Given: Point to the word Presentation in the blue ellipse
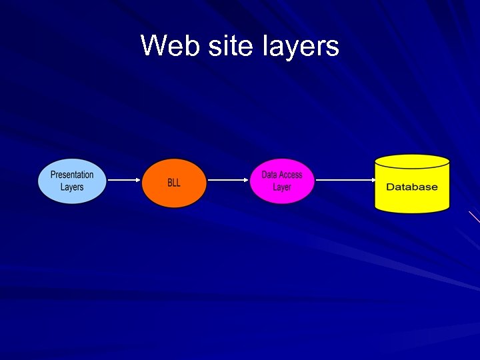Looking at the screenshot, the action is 72,175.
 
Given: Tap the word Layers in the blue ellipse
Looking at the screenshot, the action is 72,187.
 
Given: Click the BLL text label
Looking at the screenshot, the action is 174,182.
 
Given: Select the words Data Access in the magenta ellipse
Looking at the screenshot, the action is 282,175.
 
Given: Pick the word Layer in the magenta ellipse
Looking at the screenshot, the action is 282,187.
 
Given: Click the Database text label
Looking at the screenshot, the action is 412,187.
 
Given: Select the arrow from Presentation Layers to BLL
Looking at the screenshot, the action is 123,180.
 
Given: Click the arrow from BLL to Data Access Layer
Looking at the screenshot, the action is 228,180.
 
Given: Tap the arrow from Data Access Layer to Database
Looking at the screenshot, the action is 343,180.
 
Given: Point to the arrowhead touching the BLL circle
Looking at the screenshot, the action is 139,180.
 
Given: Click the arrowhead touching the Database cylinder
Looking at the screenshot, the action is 371,180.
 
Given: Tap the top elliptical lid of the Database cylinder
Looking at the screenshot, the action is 412,161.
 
